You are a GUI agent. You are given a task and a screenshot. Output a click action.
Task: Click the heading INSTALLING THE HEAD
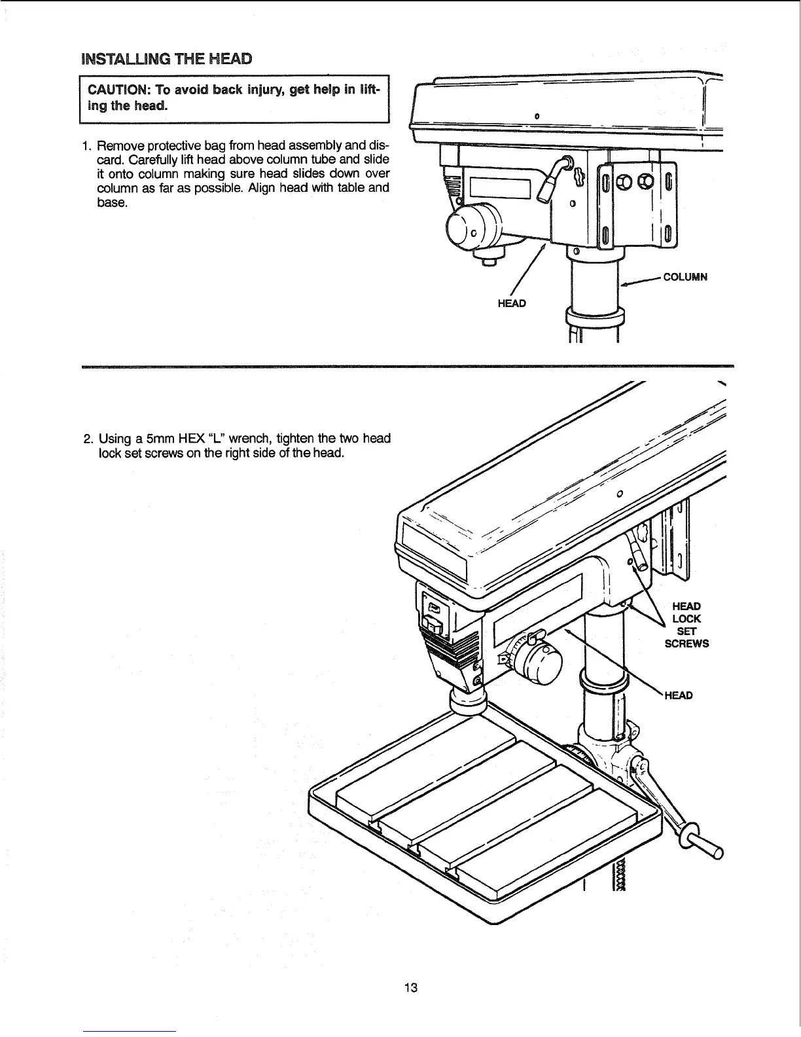click(x=165, y=58)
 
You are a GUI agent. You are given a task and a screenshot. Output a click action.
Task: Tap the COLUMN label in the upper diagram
click(x=685, y=277)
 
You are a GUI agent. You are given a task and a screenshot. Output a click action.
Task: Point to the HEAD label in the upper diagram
click(x=512, y=304)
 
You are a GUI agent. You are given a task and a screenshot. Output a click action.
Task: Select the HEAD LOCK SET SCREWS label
click(x=686, y=625)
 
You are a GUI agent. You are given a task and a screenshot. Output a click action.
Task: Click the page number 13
click(x=411, y=969)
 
